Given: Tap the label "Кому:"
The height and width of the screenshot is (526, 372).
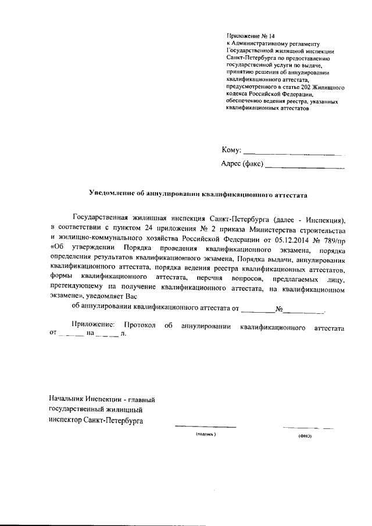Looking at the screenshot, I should [x=231, y=150].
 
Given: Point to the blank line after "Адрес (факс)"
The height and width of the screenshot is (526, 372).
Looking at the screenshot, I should [x=304, y=168].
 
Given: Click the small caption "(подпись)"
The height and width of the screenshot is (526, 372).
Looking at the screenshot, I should [x=205, y=434].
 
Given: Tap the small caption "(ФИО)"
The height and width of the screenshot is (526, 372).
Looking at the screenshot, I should [x=305, y=435].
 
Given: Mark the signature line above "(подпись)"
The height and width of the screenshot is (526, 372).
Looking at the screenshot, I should [x=205, y=428].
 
